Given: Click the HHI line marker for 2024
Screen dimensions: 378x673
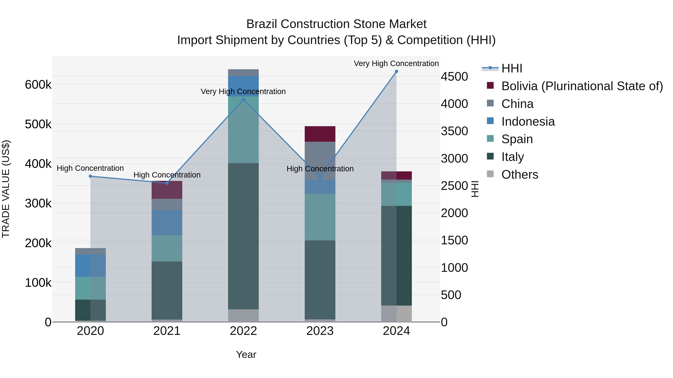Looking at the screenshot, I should tap(396, 71).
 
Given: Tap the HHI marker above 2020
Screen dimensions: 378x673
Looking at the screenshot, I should tap(90, 176).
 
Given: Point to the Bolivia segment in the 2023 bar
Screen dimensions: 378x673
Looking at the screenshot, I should tap(320, 134).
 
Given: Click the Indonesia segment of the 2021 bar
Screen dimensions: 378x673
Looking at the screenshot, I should tap(167, 223).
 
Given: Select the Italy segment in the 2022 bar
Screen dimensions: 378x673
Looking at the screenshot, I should tap(243, 236).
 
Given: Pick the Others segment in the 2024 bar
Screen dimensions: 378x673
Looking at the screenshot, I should tap(396, 314).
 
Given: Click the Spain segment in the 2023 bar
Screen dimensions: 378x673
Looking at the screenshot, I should tap(320, 217).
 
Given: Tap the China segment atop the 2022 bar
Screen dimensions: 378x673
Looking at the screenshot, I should tap(243, 73).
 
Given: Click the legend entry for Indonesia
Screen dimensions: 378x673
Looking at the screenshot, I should tap(528, 122).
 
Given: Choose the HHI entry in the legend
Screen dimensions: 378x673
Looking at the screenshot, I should tap(511, 68).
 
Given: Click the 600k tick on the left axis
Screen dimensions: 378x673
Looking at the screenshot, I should tap(38, 85).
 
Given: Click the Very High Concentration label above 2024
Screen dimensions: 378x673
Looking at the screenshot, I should tap(396, 63).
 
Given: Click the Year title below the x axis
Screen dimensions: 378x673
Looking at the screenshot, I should tap(246, 354).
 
